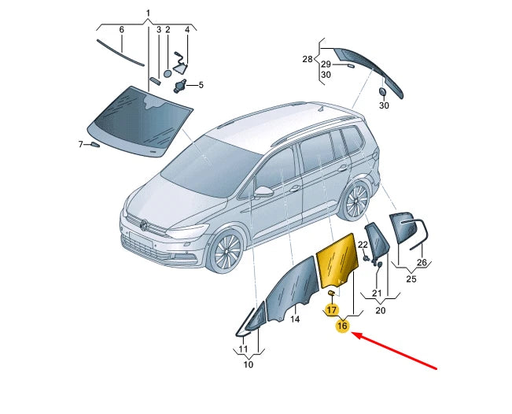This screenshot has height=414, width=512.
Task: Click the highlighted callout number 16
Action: pos(342,326)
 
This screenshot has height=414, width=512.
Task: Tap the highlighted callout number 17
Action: pos(332,309)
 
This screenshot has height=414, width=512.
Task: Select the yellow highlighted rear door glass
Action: pos(338,261)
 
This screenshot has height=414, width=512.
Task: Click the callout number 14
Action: pos(295,319)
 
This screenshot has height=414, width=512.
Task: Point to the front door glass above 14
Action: pos(293,287)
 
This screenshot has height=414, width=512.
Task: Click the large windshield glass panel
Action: pos(139,121)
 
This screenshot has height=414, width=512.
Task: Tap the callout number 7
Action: pos(81,144)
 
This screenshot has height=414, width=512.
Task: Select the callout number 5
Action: pos(201,85)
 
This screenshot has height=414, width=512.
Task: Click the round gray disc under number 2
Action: pos(168,74)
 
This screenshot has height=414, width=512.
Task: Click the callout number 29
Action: pos(326,64)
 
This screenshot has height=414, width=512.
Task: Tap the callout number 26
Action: pos(422,262)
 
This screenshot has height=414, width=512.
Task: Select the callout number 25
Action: pos(411,279)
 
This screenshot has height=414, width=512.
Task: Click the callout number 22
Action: pos(363,245)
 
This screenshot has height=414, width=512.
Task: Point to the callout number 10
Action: pos(249,364)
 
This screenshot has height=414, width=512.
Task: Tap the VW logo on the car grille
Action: pos(144,225)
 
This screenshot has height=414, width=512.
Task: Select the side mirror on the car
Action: pos(263,191)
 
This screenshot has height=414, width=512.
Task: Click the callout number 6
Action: pos(121,30)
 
